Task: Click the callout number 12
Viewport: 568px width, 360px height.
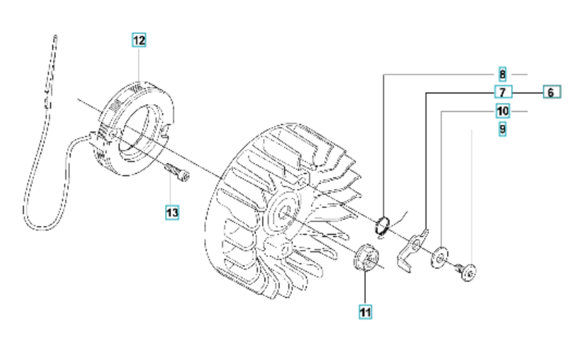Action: tap(139, 40)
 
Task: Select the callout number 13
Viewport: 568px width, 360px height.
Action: tap(172, 212)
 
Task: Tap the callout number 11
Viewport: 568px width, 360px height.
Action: tap(365, 312)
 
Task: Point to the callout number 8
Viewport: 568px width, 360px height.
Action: tap(502, 75)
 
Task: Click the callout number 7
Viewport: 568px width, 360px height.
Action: tap(503, 92)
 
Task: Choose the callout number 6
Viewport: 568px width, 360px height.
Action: tap(552, 92)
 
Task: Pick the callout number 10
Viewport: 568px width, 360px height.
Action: tap(503, 111)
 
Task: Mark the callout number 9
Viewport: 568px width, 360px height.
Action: tap(502, 129)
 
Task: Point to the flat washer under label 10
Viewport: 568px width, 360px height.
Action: tap(440, 257)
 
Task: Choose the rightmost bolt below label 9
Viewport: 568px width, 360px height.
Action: tap(467, 271)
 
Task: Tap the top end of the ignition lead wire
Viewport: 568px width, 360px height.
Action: tap(55, 36)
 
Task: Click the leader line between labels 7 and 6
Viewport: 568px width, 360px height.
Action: tap(527, 93)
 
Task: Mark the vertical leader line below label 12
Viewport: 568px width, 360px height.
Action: tap(139, 65)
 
